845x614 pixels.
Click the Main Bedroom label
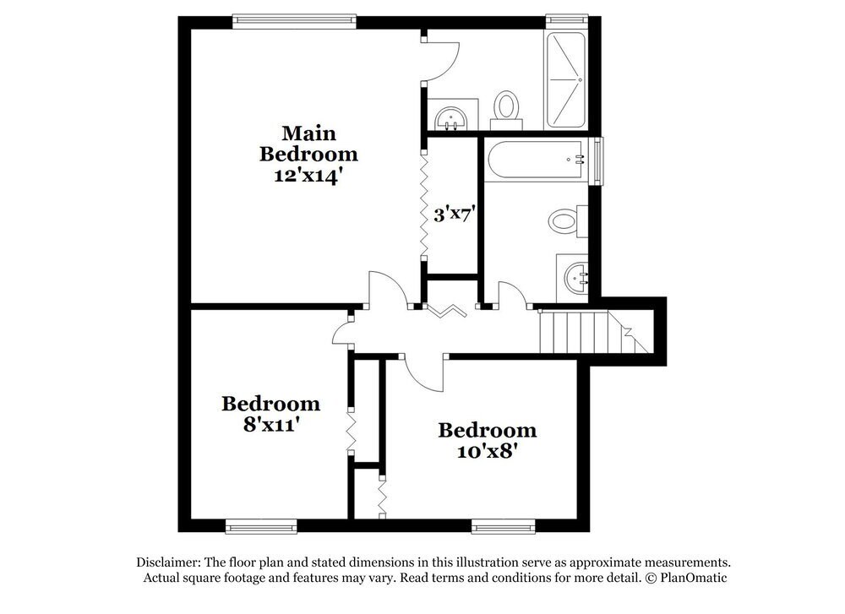308,144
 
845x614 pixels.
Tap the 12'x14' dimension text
308,177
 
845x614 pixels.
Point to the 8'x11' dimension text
270,425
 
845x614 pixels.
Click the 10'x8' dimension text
487,451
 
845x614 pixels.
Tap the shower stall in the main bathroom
565,79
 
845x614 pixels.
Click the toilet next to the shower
507,107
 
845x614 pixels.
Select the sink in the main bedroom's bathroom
450,117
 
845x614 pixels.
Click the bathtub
539,160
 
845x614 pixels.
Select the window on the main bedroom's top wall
294,18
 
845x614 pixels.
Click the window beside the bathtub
599,160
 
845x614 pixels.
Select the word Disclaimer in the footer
166,562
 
